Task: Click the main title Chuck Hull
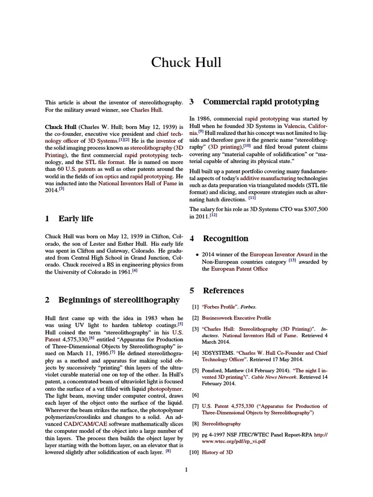[186, 63]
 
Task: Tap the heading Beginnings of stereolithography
[119, 300]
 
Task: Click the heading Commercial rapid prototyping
[261, 102]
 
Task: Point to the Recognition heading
[225, 238]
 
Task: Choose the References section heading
[223, 291]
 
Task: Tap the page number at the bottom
[186, 469]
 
